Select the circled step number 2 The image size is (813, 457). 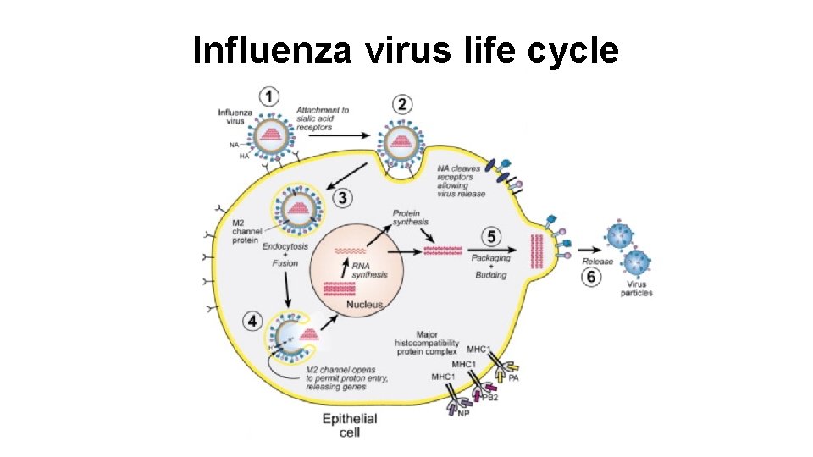click(403, 105)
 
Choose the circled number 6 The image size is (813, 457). click(591, 278)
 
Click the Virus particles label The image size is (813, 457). click(636, 289)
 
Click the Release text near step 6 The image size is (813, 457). click(596, 262)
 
